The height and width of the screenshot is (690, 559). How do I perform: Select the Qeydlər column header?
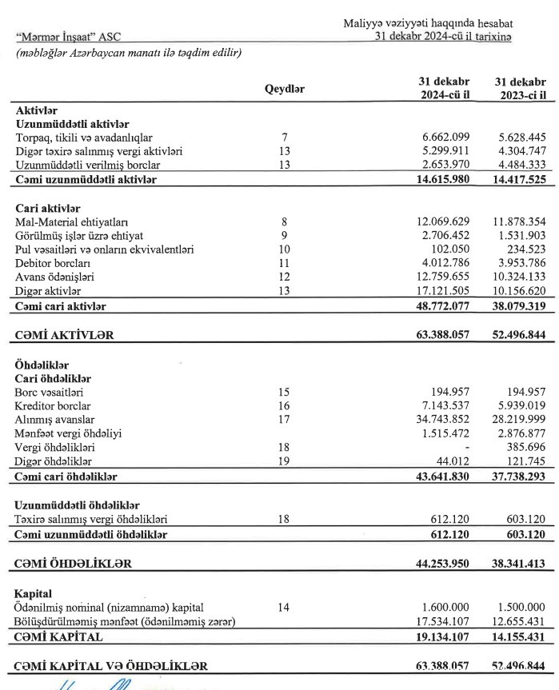pos(285,89)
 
